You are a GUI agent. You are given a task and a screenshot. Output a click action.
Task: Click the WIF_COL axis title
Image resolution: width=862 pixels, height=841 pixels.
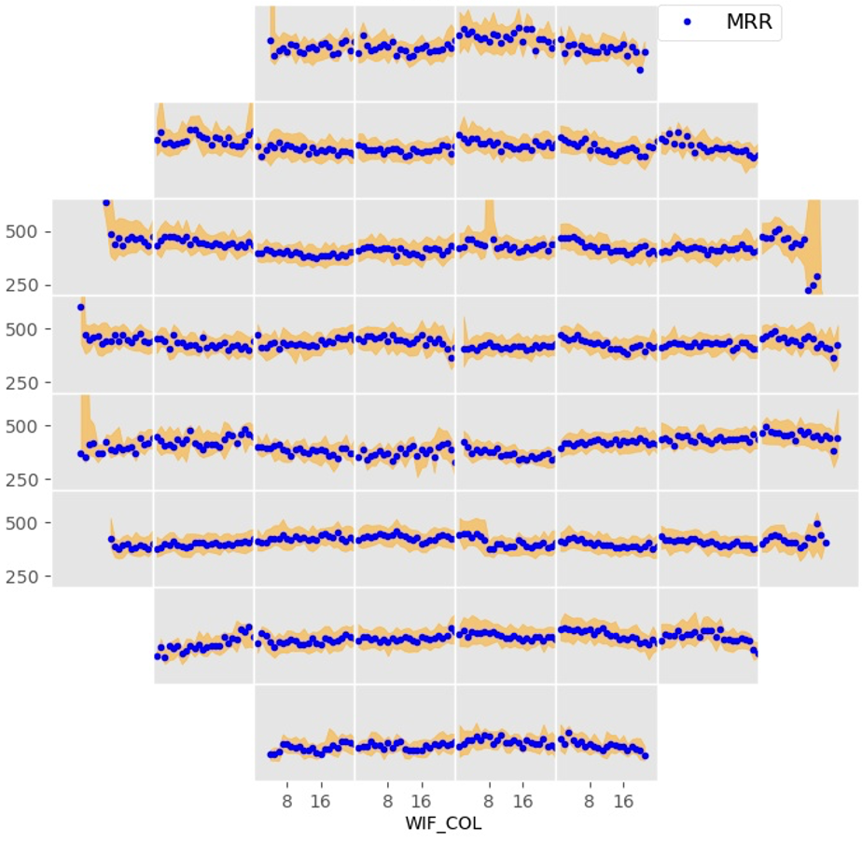pos(443,824)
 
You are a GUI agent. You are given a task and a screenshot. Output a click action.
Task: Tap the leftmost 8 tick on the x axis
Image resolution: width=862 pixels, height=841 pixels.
pos(287,799)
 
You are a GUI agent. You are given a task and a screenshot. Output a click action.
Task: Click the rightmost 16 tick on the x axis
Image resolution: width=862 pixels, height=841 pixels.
pos(623,799)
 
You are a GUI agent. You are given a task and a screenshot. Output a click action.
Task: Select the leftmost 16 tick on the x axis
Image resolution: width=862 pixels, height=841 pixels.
pos(321,799)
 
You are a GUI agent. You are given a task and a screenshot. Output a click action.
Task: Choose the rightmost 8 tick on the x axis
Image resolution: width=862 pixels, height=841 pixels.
pos(590,799)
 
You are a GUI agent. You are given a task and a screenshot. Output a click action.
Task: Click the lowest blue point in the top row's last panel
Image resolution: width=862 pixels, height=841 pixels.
pos(640,70)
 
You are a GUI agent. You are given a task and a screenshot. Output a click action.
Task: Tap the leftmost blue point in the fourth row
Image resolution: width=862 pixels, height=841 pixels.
pos(80,307)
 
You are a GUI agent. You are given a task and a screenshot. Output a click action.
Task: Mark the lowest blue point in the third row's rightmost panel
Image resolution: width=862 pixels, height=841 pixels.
pos(808,290)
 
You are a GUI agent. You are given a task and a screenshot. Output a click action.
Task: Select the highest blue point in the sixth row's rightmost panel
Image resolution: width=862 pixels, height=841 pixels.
pos(817,524)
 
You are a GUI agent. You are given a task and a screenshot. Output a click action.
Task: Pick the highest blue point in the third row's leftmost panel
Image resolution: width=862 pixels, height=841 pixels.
pos(106,202)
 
